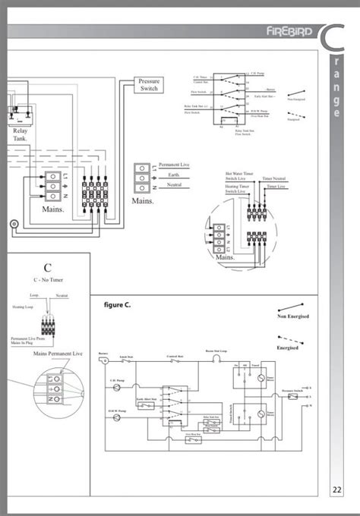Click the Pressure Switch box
pyautogui.click(x=149, y=85)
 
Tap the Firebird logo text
pyautogui.click(x=287, y=32)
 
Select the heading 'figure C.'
pyautogui.click(x=117, y=305)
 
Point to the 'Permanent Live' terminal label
pyautogui.click(x=174, y=165)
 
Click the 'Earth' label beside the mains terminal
pyautogui.click(x=174, y=175)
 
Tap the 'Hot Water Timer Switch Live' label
pyautogui.click(x=239, y=176)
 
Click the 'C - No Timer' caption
pyautogui.click(x=47, y=280)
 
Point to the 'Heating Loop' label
pyautogui.click(x=22, y=307)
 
